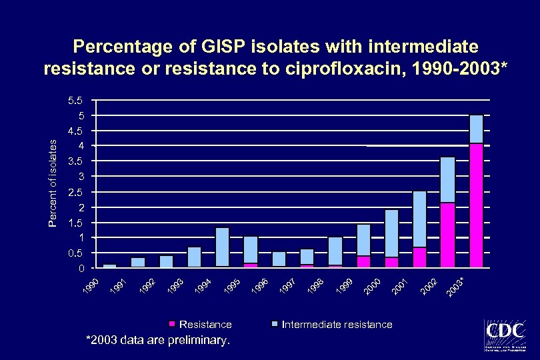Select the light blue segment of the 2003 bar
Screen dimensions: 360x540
point(476,129)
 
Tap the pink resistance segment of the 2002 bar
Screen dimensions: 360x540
point(447,235)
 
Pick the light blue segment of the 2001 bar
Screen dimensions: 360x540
point(419,219)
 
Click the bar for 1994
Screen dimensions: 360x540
point(222,247)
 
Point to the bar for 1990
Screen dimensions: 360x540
point(109,266)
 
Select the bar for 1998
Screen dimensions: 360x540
point(335,251)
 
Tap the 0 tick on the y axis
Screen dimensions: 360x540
point(81,269)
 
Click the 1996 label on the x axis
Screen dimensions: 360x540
point(262,285)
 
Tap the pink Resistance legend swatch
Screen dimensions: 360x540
point(172,325)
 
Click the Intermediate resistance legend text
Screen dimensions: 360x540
point(337,325)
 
